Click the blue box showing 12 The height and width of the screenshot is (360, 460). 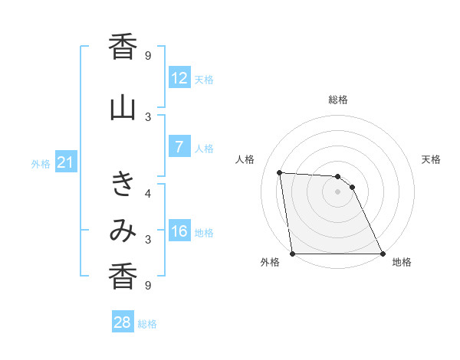179,78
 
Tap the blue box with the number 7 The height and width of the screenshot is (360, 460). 179,148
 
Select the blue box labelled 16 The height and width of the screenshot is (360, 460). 179,231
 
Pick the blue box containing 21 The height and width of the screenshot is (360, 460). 66,162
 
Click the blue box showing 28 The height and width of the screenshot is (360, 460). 123,322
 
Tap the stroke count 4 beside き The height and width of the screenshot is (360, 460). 148,193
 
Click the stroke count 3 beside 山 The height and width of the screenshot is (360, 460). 148,116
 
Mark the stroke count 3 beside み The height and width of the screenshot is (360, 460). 148,239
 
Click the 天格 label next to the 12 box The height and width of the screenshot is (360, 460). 204,79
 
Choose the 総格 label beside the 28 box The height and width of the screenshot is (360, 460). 147,323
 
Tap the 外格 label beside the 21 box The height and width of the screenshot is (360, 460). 41,163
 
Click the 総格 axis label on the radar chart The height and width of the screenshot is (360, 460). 337,100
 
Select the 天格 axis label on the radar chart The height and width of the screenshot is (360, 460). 432,159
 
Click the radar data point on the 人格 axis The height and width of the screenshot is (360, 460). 280,172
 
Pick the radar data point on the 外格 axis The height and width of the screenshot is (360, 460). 293,254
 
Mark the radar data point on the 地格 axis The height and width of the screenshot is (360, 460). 382,254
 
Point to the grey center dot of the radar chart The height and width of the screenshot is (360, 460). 337,191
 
